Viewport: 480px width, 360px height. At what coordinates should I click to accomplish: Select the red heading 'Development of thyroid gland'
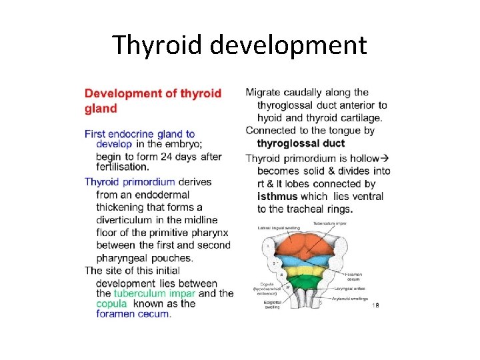[153, 100]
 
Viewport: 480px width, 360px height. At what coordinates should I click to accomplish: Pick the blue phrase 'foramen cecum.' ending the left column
[133, 314]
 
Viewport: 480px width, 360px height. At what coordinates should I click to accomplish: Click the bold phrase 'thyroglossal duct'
[301, 143]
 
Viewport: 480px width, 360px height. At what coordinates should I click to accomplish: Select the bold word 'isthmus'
[277, 197]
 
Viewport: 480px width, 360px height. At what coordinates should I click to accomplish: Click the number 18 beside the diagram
[375, 305]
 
